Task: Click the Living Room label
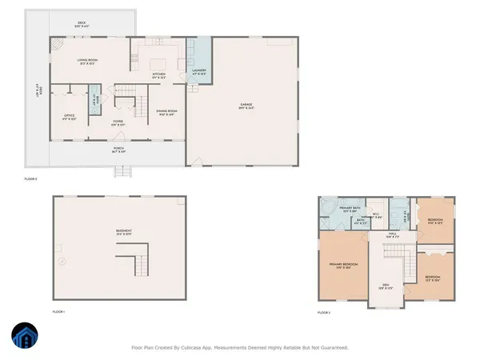pos(88,60)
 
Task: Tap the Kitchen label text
pos(159,74)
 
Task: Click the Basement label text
pos(123,231)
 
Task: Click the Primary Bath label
pos(351,208)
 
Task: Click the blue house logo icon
pos(22,337)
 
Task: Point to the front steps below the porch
pos(122,171)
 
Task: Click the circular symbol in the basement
pos(62,261)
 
